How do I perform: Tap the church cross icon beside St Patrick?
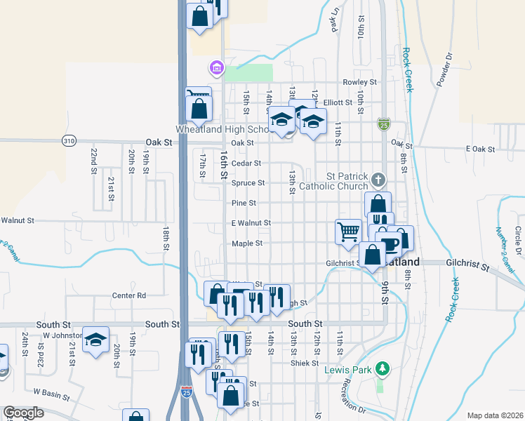tap(378, 180)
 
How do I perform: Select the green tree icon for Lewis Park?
tap(382, 368)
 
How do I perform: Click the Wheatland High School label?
tap(221, 130)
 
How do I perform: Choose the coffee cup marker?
tap(390, 243)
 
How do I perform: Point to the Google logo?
tap(23, 413)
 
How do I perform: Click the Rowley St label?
tap(360, 83)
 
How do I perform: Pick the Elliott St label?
tap(338, 102)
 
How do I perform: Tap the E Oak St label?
tap(481, 149)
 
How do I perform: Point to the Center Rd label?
tap(129, 295)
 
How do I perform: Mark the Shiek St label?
tap(305, 363)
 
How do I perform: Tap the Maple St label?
tap(247, 243)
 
